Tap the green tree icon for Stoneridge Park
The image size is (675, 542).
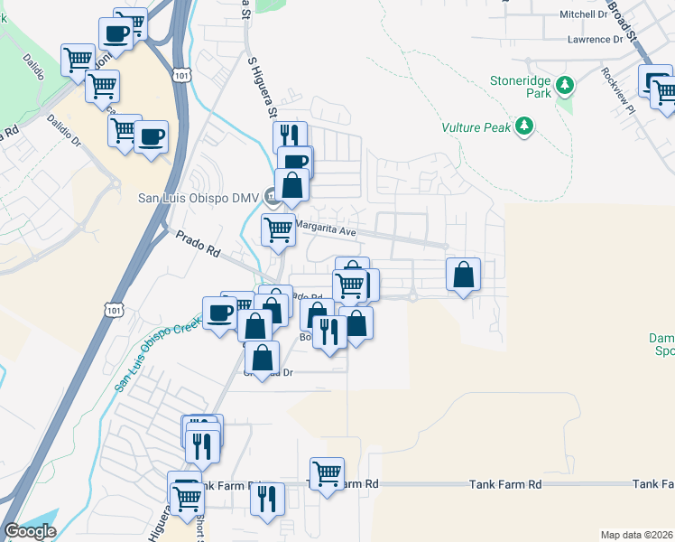[565, 85]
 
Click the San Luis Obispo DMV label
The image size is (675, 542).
[198, 198]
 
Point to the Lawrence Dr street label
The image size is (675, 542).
[596, 40]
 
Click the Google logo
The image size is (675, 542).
[30, 531]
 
